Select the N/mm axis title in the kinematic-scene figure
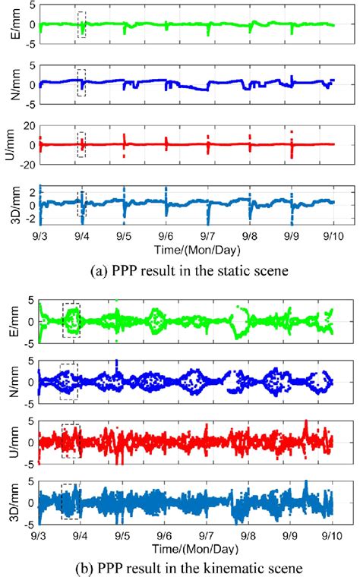coord(10,381)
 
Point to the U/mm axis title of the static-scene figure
coord(10,141)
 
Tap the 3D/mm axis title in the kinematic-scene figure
coord(10,502)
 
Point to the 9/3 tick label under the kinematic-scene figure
coord(39,535)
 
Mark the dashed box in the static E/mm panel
coord(81,25)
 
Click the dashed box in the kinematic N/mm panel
coord(70,381)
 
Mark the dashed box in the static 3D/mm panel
coord(81,201)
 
